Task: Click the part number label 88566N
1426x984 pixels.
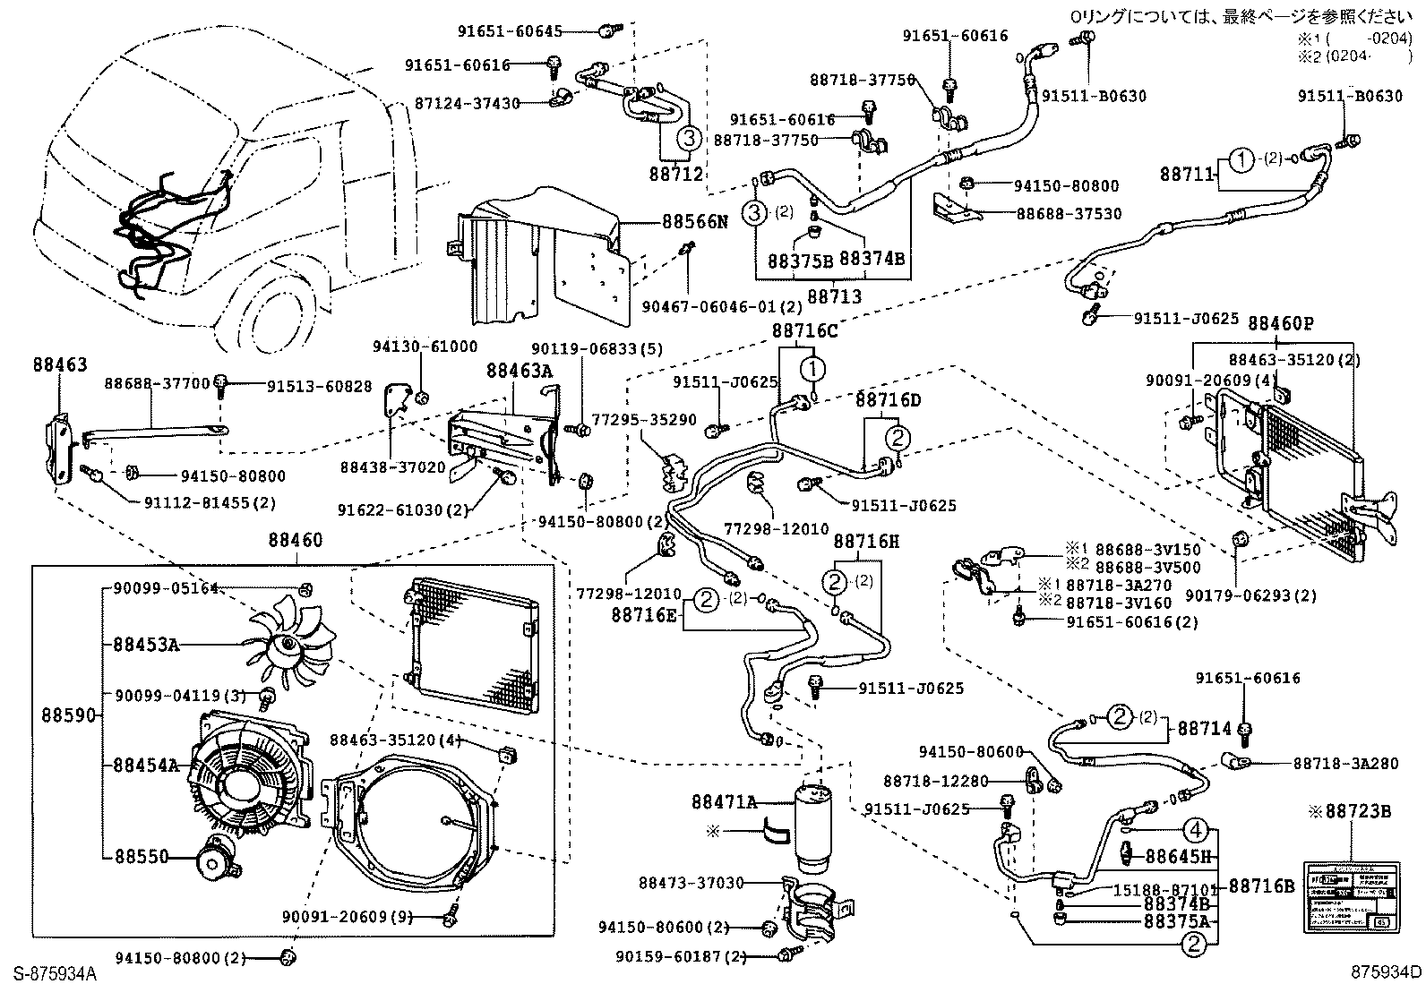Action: pyautogui.click(x=695, y=221)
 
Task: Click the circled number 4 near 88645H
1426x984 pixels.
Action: pyautogui.click(x=1198, y=828)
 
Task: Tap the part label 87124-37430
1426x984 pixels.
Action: pyautogui.click(x=468, y=103)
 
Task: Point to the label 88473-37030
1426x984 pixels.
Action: pyautogui.click(x=691, y=883)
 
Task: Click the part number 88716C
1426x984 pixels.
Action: pyautogui.click(x=804, y=331)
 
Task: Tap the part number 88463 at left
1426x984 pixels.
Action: pyautogui.click(x=60, y=364)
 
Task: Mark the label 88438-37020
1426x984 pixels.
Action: pyautogui.click(x=392, y=466)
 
